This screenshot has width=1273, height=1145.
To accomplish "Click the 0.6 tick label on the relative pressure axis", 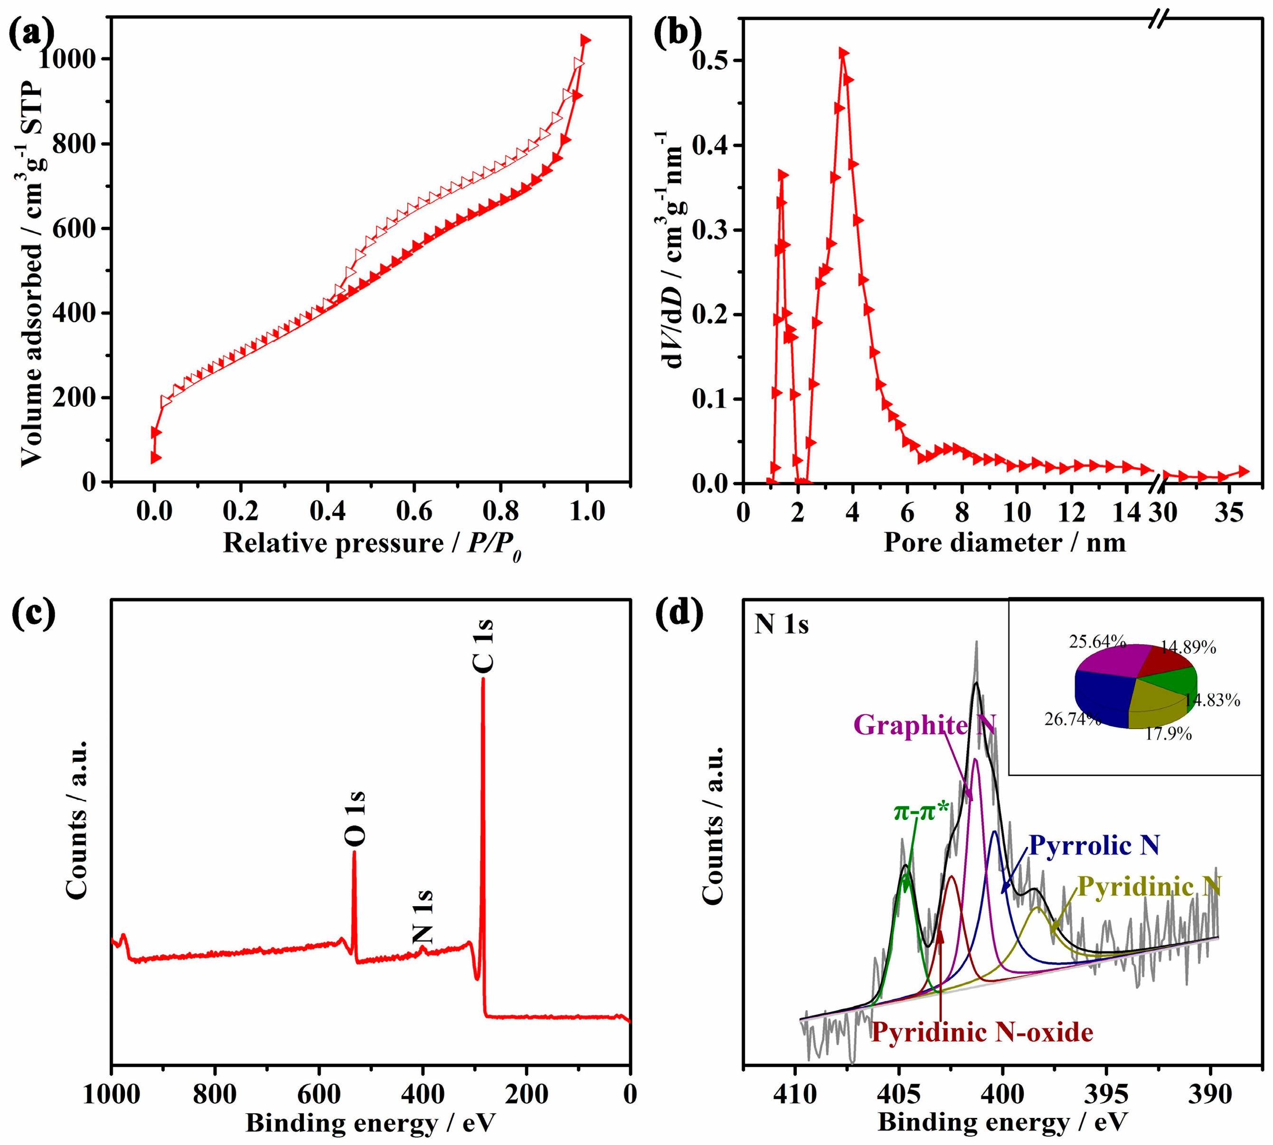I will pos(414,511).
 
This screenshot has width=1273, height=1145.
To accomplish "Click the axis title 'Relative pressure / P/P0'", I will pos(371,544).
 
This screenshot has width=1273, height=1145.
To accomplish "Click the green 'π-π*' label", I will pos(921,812).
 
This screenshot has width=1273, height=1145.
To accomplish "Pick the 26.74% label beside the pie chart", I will pos(1072,718).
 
